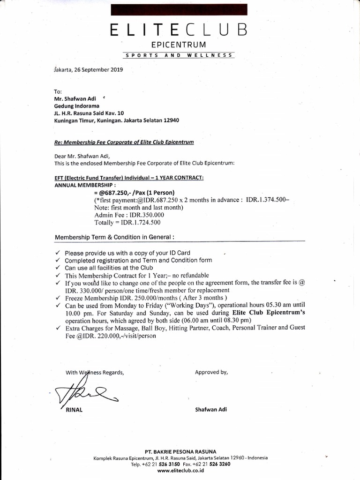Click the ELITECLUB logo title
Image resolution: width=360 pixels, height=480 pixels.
[179, 30]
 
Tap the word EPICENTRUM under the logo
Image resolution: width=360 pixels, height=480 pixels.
[179, 45]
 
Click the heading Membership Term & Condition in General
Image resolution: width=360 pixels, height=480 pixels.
[115, 237]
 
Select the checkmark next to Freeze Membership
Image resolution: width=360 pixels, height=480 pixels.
[57, 298]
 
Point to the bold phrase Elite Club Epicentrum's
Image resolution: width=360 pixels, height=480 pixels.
[269, 313]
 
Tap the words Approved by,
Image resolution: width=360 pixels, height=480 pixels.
[211, 372]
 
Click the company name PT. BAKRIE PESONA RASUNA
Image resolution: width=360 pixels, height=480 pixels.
[180, 451]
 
